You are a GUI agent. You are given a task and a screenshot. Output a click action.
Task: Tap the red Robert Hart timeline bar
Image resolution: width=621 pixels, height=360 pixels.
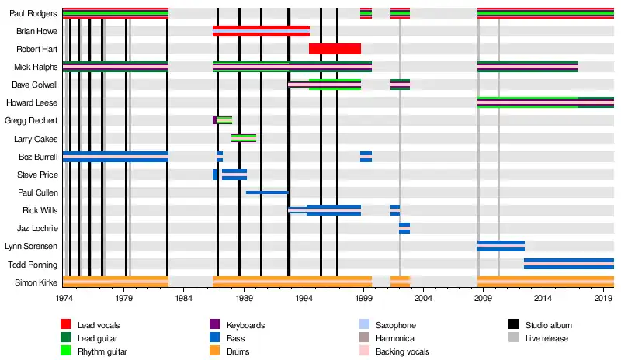pyautogui.click(x=335, y=49)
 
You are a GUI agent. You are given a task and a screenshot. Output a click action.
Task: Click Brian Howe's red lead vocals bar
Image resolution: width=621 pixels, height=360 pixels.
pyautogui.click(x=261, y=31)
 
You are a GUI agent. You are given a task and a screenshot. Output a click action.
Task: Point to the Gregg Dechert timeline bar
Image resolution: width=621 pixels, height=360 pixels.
pyautogui.click(x=223, y=120)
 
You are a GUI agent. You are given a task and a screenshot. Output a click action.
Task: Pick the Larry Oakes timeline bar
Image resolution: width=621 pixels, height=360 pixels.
pyautogui.click(x=244, y=138)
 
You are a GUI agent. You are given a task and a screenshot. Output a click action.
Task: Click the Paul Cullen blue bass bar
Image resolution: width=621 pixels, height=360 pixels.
pyautogui.click(x=267, y=192)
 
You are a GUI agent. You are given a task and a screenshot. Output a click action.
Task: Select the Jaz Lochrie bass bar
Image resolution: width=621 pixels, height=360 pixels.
pyautogui.click(x=404, y=228)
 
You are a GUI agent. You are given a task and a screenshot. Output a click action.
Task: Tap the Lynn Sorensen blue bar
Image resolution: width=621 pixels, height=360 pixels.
pyautogui.click(x=501, y=246)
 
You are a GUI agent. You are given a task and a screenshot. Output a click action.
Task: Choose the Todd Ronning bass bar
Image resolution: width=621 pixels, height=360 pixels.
pyautogui.click(x=568, y=264)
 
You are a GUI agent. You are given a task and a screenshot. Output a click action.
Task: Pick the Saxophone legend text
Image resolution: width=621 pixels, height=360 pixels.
pyautogui.click(x=395, y=325)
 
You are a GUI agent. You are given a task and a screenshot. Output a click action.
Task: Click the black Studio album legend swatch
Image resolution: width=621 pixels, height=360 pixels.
pyautogui.click(x=514, y=325)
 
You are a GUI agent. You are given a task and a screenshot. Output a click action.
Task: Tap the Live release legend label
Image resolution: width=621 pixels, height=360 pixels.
pyautogui.click(x=546, y=338)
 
